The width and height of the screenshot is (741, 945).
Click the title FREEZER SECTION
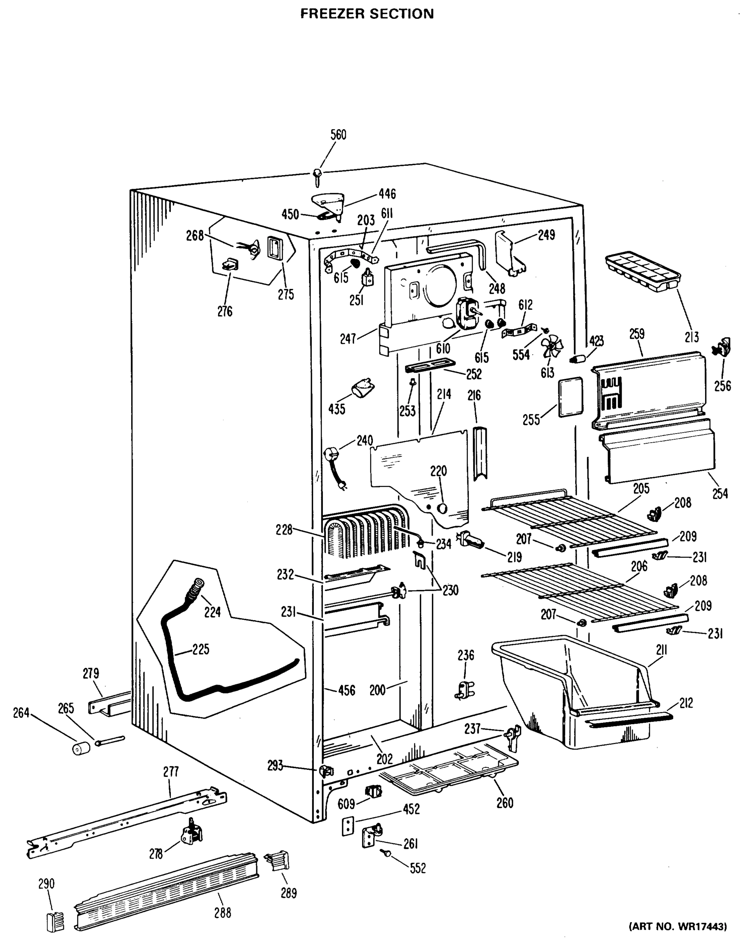tap(367, 14)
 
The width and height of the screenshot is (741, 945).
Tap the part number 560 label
tap(338, 135)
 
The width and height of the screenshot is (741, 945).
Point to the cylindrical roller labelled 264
tap(81, 748)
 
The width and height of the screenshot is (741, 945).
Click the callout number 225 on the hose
tap(200, 650)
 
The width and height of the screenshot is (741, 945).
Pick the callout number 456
tap(346, 690)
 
